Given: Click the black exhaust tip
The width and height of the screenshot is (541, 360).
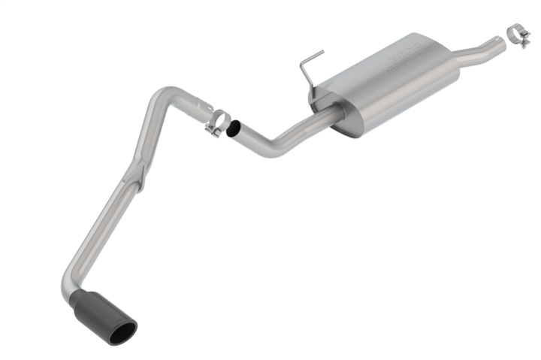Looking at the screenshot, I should point(101,314).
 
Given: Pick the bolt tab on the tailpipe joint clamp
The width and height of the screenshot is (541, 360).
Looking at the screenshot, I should point(212,132).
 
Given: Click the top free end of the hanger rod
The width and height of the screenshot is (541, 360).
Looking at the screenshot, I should point(322,52).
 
